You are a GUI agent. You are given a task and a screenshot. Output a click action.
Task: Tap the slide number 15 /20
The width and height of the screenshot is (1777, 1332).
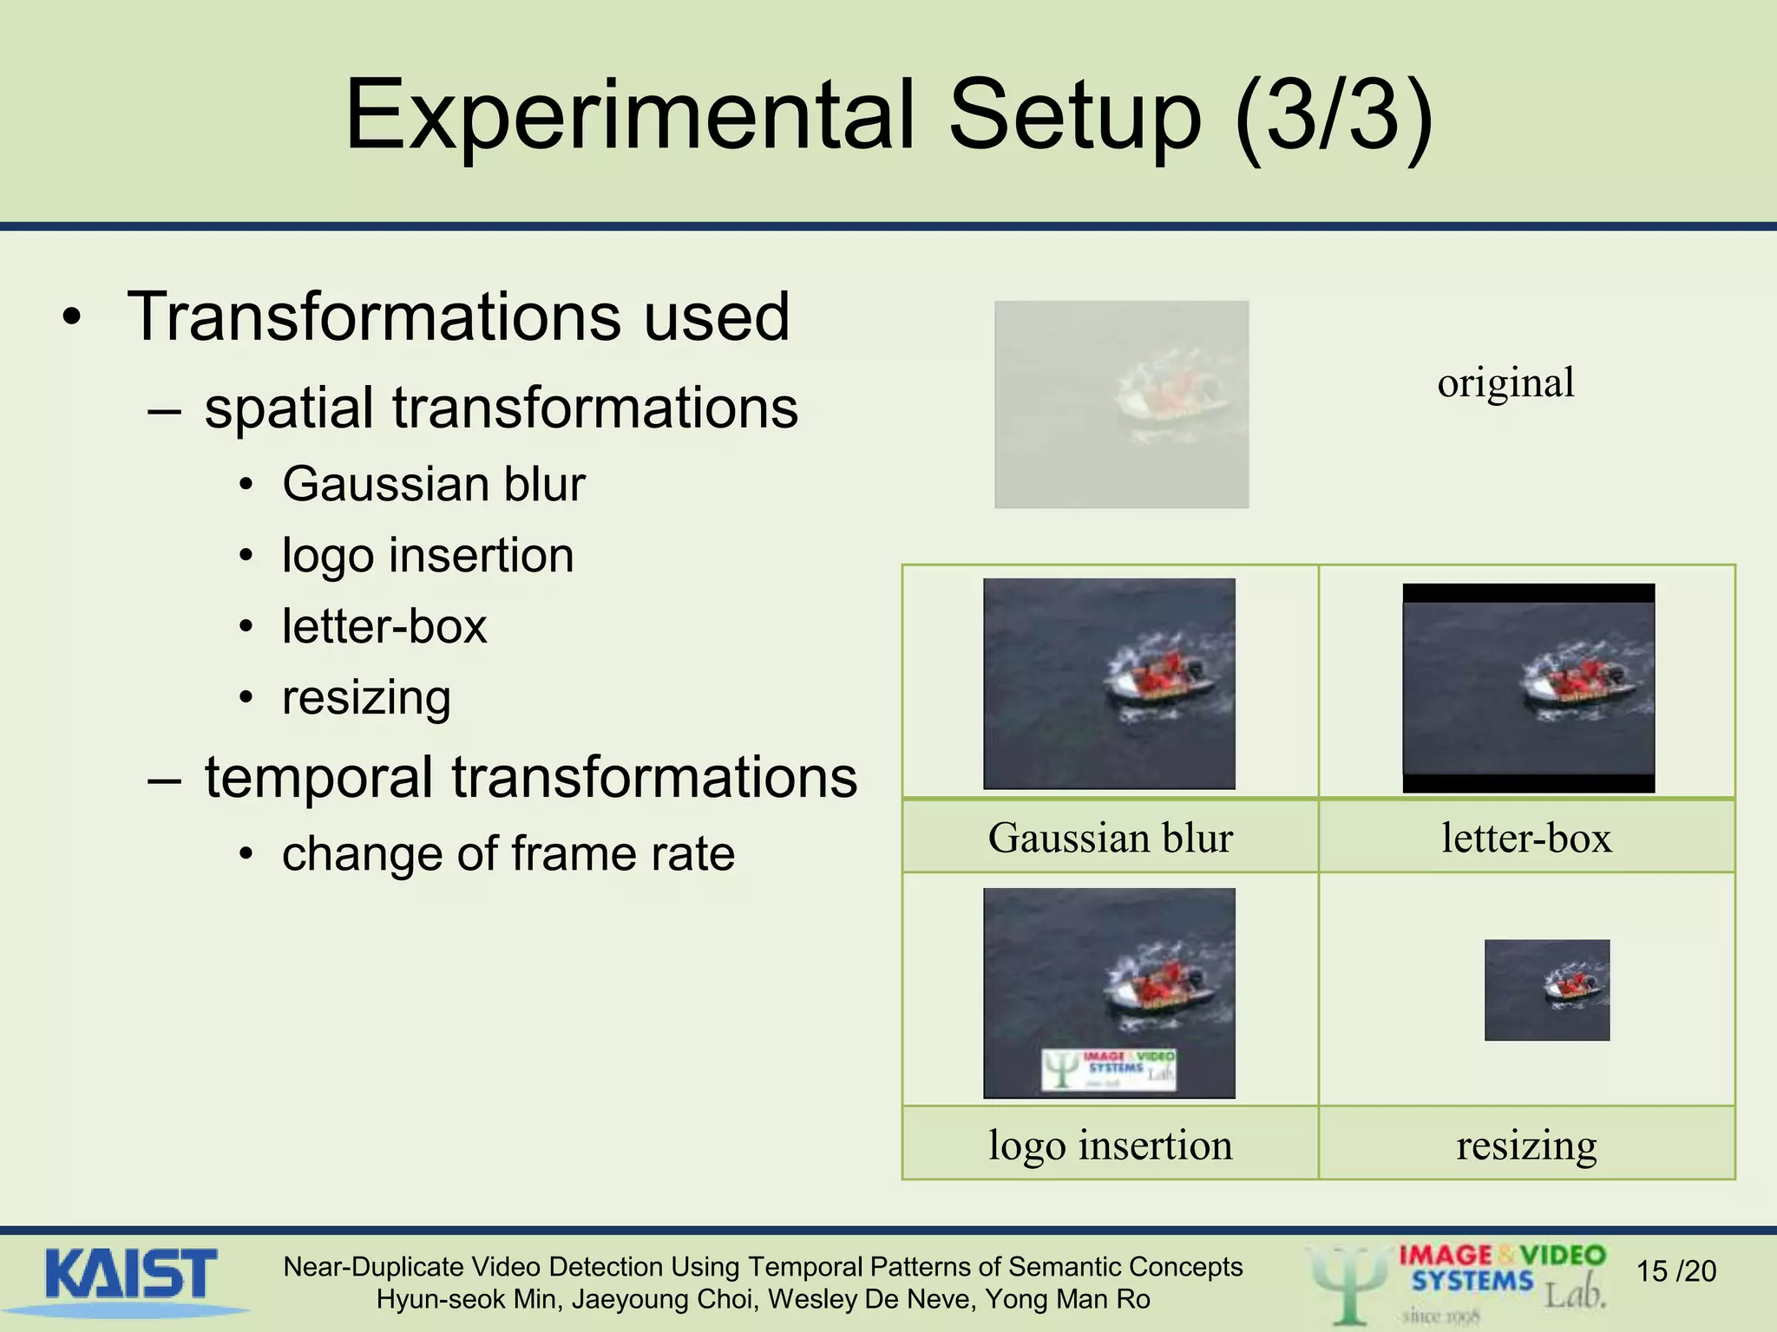coord(1675,1271)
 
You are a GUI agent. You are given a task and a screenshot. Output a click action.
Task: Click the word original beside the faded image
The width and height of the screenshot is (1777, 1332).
coord(1505,382)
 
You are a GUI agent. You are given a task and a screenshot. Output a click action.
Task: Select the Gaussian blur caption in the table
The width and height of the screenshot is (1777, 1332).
coord(1110,838)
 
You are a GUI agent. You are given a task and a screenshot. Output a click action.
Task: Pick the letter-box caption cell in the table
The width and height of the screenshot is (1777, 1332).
coord(1526,838)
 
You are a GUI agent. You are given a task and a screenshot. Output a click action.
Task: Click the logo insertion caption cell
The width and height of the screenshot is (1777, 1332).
coord(1110,1145)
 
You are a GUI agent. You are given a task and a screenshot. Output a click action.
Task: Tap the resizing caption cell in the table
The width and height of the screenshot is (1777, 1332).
coord(1526,1145)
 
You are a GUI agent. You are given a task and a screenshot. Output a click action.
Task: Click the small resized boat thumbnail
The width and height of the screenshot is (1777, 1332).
coord(1546,989)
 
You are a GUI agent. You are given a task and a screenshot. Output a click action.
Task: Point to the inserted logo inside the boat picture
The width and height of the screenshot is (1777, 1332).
coord(1109,1069)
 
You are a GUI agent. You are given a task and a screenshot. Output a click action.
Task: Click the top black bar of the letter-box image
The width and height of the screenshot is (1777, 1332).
coord(1528,593)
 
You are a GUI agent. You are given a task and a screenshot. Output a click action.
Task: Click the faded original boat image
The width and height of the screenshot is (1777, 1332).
coord(1121,404)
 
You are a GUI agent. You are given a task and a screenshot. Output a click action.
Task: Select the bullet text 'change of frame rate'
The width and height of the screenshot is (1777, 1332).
coord(508,853)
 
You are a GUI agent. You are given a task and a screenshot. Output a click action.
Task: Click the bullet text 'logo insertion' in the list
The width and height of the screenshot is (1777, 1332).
coord(428,555)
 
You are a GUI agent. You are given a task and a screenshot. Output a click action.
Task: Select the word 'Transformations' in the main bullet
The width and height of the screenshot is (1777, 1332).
coord(374,317)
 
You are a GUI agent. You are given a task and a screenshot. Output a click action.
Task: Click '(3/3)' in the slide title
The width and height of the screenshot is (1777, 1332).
coord(1333,115)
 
